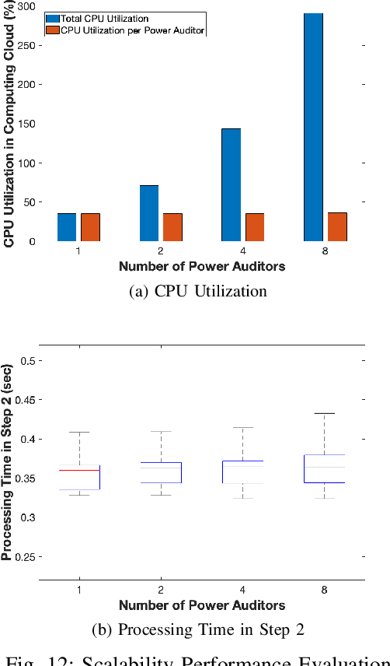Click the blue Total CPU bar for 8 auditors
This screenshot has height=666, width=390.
point(313,127)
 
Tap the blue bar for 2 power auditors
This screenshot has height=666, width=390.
point(148,212)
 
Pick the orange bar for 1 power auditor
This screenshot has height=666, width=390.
point(90,226)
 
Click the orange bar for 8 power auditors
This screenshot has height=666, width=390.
point(337,226)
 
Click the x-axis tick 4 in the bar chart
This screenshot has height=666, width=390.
point(243,251)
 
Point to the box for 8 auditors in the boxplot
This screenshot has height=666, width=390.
point(324,468)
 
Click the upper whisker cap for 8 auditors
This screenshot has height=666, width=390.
point(324,413)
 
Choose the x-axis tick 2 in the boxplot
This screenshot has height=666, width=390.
point(161,590)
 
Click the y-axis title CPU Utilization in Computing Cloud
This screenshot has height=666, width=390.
point(9,124)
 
